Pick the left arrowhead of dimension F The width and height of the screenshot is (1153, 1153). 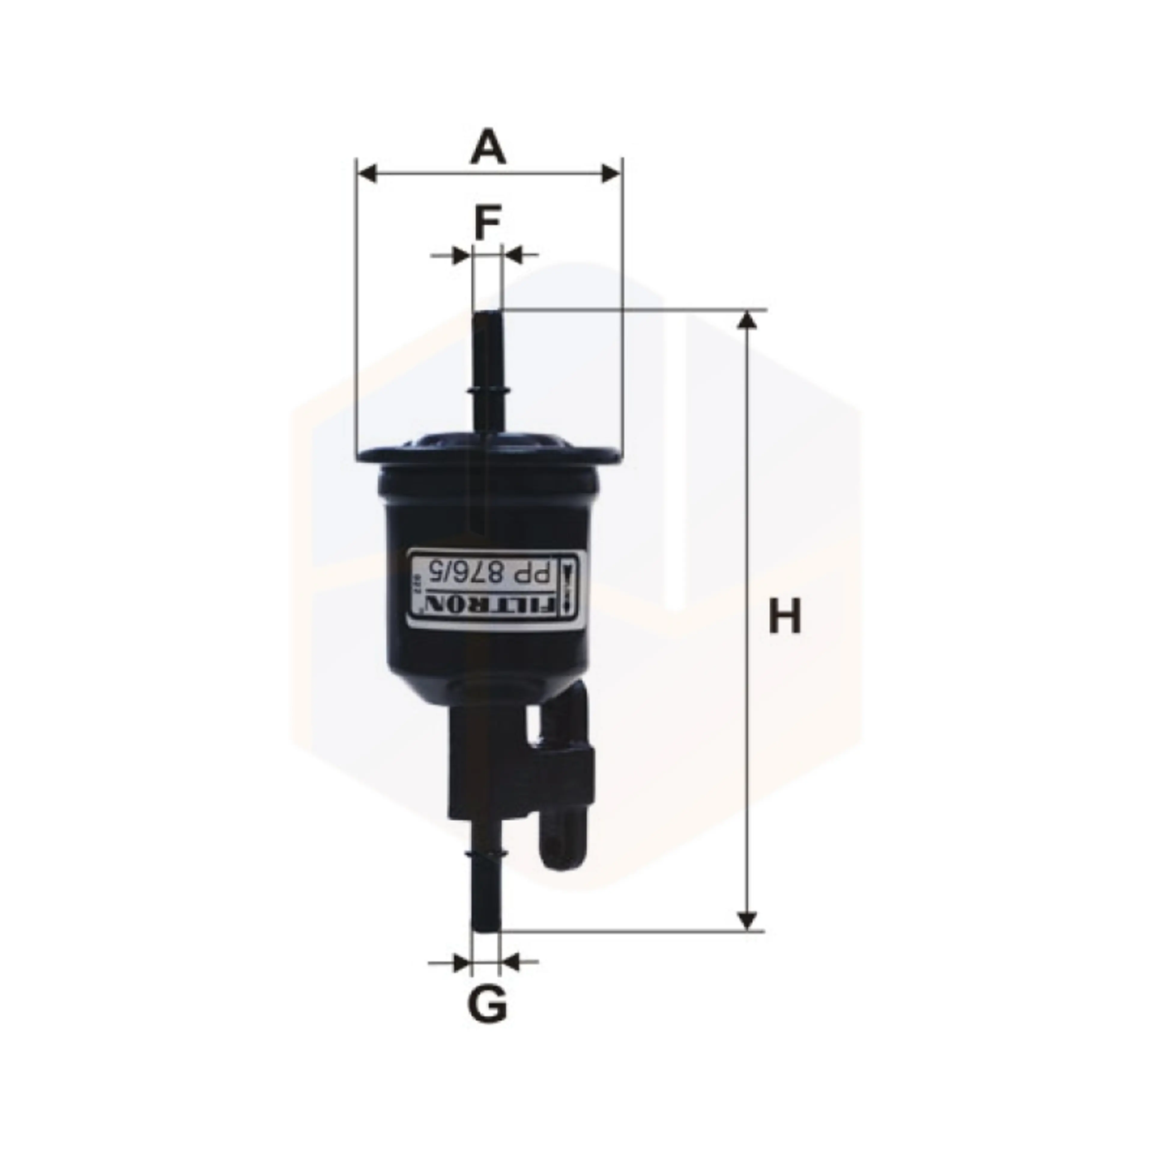pos(461,256)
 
